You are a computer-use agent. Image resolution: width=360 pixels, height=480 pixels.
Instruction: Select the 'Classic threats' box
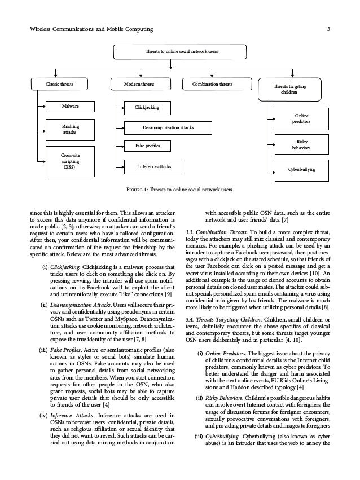click(59, 85)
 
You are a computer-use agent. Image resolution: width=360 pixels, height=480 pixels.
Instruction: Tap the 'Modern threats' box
click(139, 85)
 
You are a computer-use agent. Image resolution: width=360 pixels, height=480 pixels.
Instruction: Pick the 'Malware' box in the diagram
click(70, 105)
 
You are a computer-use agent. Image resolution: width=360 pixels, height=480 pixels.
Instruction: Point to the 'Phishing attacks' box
click(70, 129)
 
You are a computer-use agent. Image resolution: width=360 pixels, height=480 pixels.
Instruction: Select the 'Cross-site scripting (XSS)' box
click(70, 160)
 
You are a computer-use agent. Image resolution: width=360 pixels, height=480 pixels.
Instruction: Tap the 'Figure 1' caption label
click(139, 189)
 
